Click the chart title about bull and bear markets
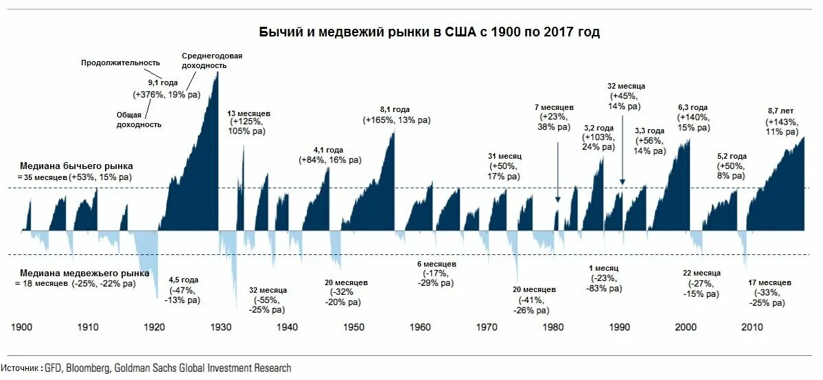tap(429, 32)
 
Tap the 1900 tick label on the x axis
tap(23, 327)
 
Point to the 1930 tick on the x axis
tap(220, 327)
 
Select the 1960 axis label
tap(420, 327)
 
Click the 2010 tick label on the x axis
tap(752, 327)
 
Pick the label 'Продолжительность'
tap(120, 63)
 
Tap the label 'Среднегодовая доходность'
tap(212, 60)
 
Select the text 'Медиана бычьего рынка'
tap(76, 166)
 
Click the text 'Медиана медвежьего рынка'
tap(84, 273)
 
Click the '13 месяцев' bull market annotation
tap(249, 113)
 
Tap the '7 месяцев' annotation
tap(554, 108)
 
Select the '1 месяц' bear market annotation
tap(604, 268)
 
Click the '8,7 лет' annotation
tap(783, 111)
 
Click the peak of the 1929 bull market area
tap(217, 72)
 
